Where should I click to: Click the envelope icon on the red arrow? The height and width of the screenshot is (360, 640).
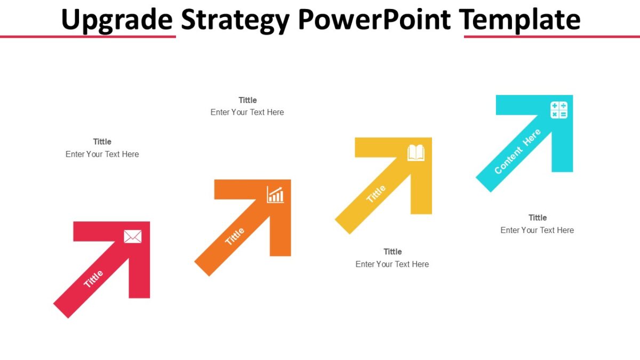click(133, 236)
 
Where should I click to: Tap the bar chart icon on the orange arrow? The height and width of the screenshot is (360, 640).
click(275, 195)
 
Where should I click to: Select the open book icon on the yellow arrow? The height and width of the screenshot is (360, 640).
click(416, 153)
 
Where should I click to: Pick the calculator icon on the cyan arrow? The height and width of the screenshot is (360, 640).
click(559, 110)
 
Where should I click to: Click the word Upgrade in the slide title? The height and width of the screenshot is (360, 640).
click(117, 20)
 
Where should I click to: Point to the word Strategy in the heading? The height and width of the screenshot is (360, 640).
click(235, 20)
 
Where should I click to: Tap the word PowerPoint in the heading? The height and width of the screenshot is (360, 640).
click(374, 20)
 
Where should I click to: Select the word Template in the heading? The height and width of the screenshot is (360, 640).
click(520, 20)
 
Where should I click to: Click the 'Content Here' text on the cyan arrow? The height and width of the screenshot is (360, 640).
click(517, 151)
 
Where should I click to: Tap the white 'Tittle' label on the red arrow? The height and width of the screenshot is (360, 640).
click(93, 279)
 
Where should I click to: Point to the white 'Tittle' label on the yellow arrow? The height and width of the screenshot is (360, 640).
click(376, 194)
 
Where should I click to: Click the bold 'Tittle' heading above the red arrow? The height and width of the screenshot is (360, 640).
click(102, 142)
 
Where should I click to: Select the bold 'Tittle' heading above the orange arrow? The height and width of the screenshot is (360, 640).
click(247, 100)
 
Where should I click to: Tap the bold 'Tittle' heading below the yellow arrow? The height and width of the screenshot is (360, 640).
click(393, 252)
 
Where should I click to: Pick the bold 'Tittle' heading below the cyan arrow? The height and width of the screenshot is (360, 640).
click(538, 218)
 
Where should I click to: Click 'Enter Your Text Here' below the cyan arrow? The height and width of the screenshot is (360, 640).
click(537, 230)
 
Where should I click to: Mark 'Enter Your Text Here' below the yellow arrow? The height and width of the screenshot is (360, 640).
click(392, 265)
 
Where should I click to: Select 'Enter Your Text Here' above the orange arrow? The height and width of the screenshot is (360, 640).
click(247, 113)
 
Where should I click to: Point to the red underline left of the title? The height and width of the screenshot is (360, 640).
click(88, 37)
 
